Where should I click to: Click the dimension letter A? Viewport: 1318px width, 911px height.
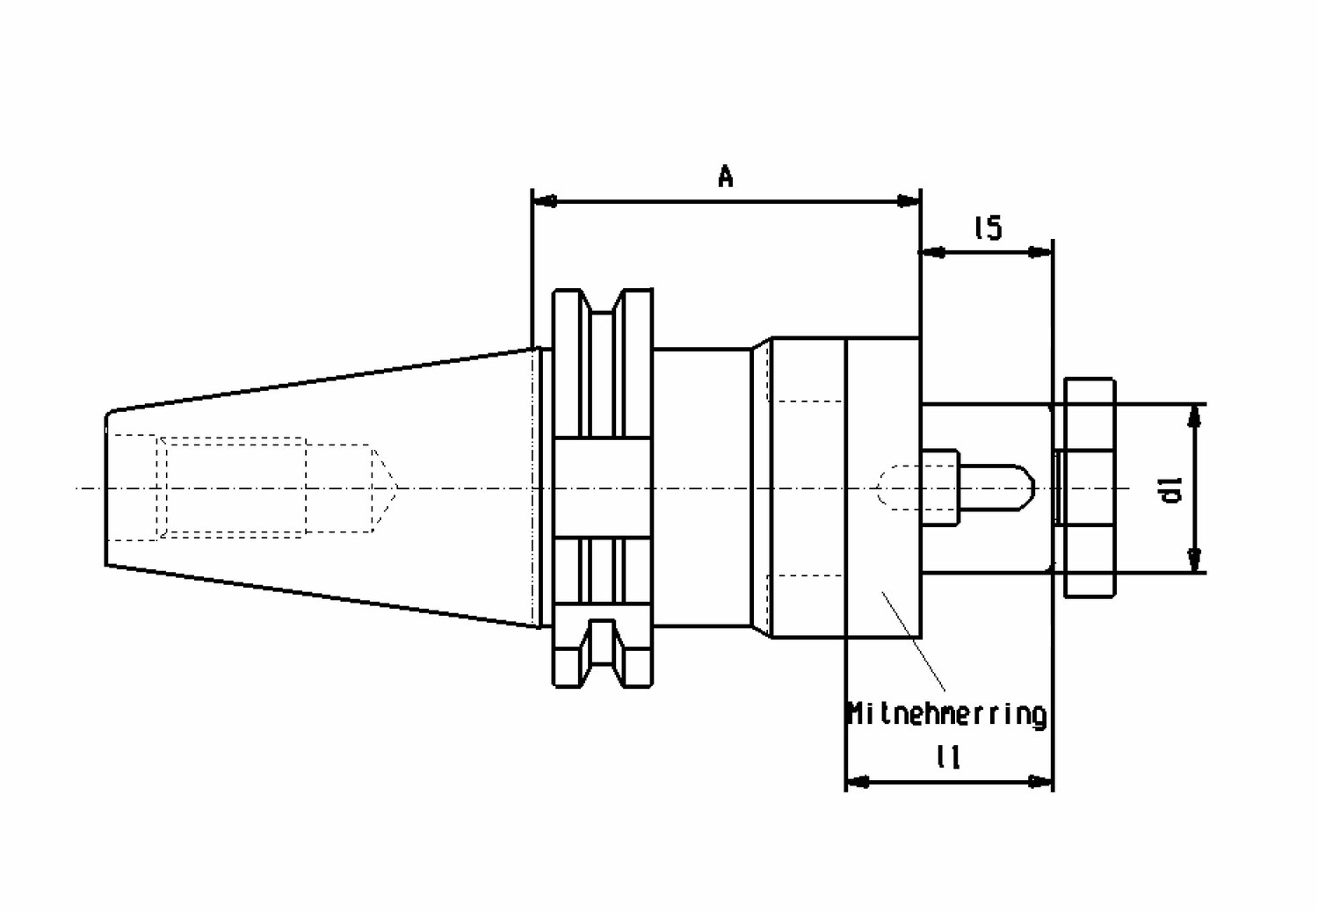726,176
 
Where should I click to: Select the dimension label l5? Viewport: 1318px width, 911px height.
988,228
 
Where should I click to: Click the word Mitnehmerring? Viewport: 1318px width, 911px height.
946,714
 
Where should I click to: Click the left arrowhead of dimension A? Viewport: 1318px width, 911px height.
544,202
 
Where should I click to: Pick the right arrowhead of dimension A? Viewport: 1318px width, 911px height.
908,202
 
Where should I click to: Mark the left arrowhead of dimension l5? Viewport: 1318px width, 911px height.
932,253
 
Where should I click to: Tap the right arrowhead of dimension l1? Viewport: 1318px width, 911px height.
1040,782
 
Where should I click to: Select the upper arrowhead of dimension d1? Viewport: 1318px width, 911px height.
1194,416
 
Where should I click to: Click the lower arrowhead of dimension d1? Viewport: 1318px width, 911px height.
1194,560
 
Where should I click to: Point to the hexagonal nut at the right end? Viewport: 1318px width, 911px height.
1090,488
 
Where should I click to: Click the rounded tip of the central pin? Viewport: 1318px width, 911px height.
1029,488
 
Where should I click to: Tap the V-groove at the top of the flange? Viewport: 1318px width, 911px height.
602,302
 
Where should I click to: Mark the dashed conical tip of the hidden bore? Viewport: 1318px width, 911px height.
385,488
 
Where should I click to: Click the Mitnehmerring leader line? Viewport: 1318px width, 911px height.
913,641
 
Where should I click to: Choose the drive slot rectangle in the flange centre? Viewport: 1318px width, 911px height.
603,488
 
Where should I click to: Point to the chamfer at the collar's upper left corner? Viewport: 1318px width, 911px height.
762,344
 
